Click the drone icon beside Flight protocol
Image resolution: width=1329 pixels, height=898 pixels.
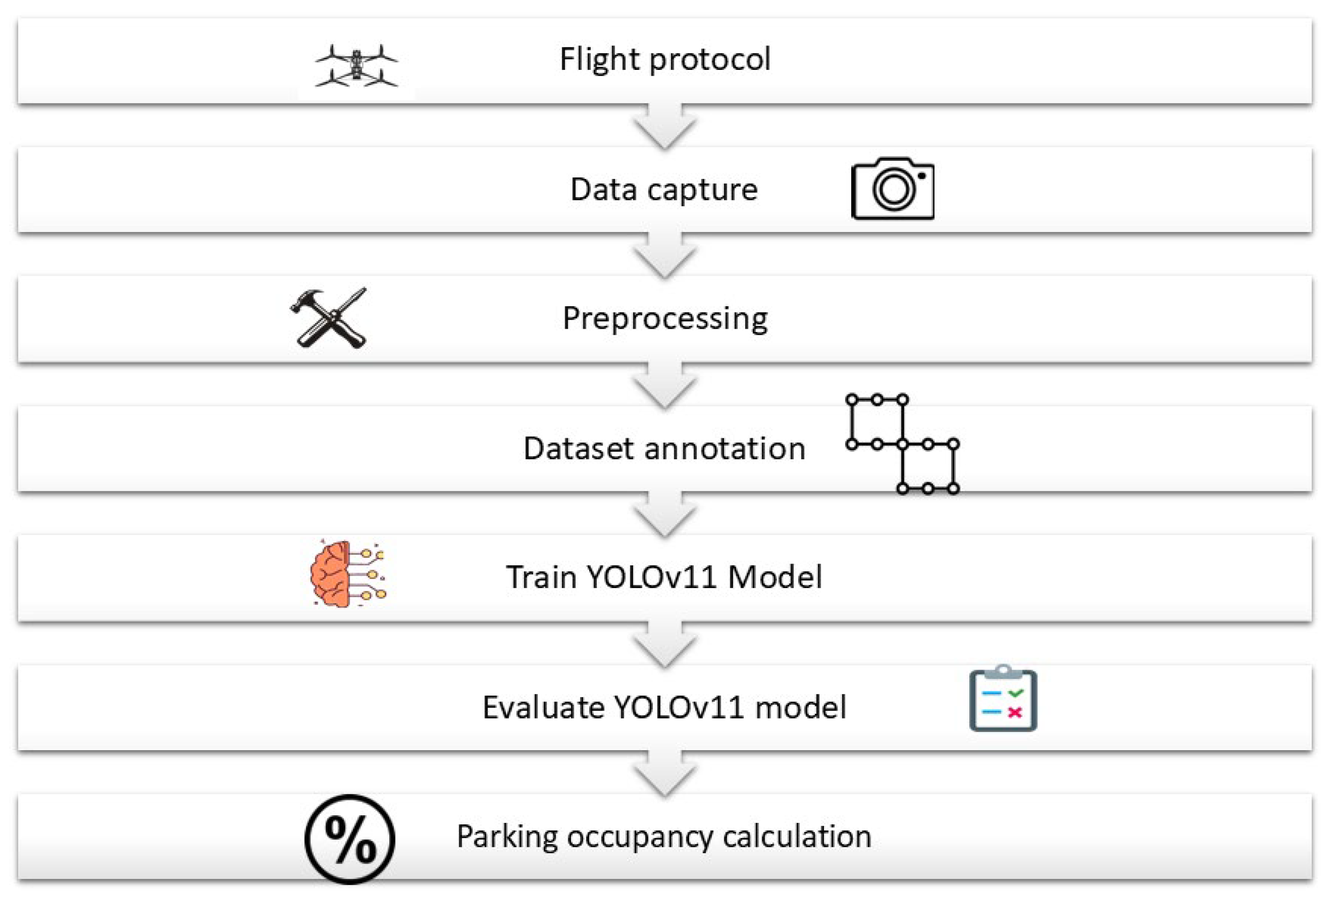(x=356, y=65)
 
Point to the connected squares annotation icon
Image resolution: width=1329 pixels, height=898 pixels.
(x=902, y=444)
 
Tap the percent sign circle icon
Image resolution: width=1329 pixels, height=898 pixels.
(x=350, y=839)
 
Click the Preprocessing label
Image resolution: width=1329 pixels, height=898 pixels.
(x=665, y=319)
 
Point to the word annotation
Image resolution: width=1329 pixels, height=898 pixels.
(x=725, y=448)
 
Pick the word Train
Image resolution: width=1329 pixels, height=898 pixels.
(x=541, y=576)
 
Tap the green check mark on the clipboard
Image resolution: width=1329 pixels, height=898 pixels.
(x=1016, y=693)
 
